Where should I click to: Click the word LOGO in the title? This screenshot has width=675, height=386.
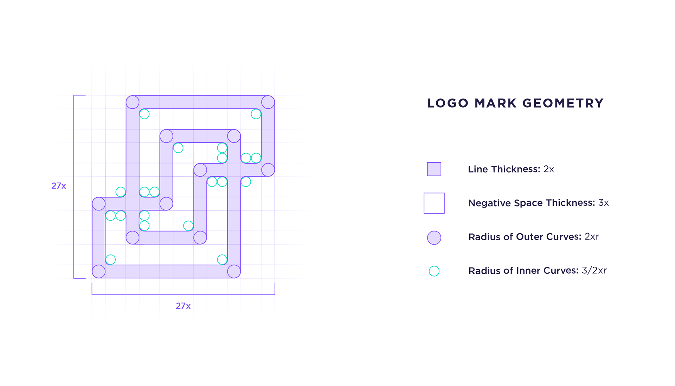pos(448,103)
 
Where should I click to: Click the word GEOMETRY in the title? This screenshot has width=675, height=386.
pos(563,103)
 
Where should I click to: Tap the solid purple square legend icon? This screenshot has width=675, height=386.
pos(434,169)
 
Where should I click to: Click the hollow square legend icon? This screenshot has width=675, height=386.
pos(434,203)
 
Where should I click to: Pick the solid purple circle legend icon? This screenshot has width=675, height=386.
pos(434,238)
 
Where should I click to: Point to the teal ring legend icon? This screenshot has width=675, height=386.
pos(434,271)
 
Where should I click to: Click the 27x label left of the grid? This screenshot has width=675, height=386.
pos(59,186)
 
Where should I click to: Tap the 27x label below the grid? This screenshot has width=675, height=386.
pos(183,306)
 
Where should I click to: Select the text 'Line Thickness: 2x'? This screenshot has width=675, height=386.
pos(511,169)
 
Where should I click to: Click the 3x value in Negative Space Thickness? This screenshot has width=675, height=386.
pos(604,203)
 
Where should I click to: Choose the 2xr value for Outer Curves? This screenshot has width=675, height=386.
pos(592,237)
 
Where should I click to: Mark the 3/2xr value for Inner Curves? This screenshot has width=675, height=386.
pos(594,271)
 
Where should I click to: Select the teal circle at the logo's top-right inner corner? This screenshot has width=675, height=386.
pos(256,114)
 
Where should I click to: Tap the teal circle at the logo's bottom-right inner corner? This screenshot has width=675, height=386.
pos(222,260)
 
